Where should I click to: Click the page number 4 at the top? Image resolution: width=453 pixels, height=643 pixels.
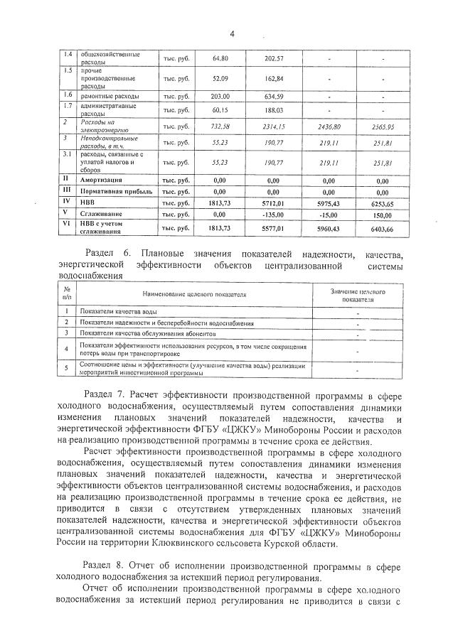point(232,33)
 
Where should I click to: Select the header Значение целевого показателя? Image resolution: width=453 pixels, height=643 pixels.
point(358,295)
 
